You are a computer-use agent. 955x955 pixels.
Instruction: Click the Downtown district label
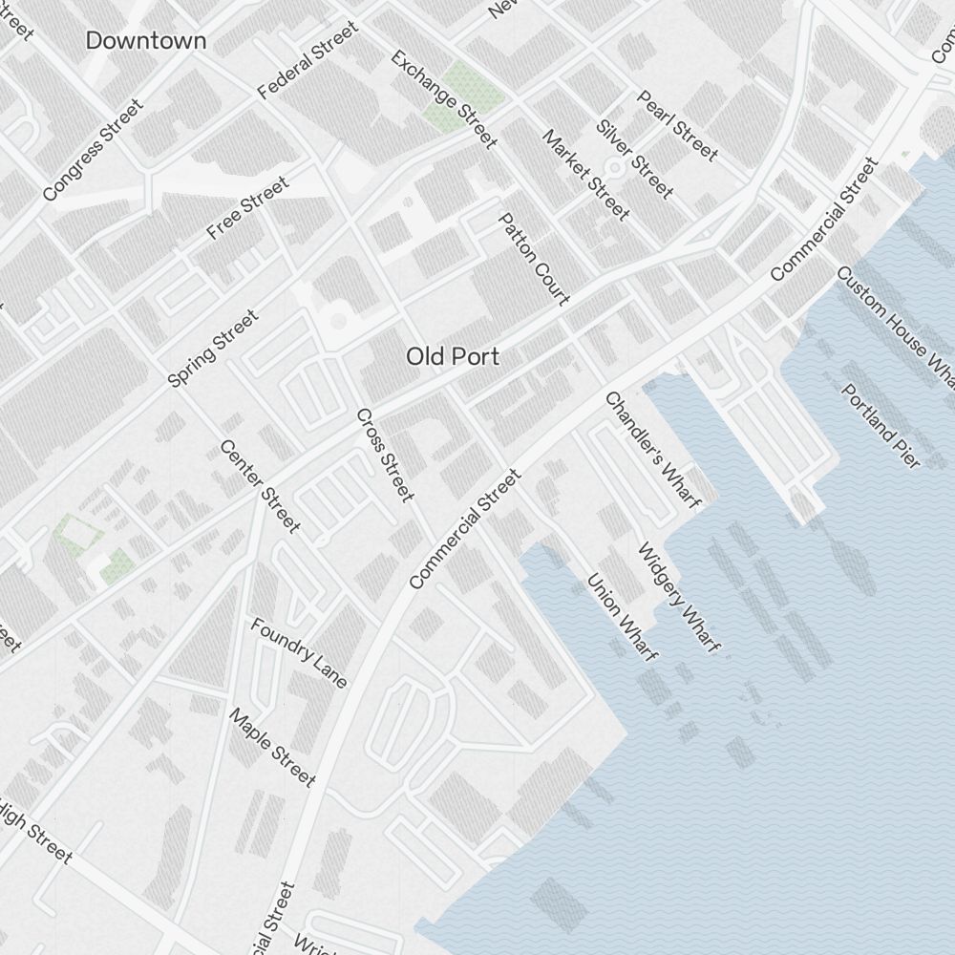pyautogui.click(x=145, y=40)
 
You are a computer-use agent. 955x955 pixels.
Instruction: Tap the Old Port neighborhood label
pyautogui.click(x=453, y=356)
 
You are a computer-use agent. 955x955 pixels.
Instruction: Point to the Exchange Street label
pyautogui.click(x=444, y=99)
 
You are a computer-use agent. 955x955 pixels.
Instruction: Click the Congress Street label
pyautogui.click(x=93, y=151)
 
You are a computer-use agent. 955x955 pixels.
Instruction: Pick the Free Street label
pyautogui.click(x=247, y=208)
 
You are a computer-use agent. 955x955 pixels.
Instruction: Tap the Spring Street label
pyautogui.click(x=212, y=349)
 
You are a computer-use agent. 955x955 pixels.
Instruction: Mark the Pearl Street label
pyautogui.click(x=677, y=125)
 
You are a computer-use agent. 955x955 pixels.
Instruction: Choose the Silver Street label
pyautogui.click(x=635, y=159)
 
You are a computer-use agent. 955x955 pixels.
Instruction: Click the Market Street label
pyautogui.click(x=585, y=175)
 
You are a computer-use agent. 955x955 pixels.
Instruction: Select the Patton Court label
pyautogui.click(x=534, y=259)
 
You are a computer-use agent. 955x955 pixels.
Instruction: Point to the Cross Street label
pyautogui.click(x=385, y=455)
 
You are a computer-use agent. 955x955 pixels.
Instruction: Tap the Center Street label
pyautogui.click(x=260, y=486)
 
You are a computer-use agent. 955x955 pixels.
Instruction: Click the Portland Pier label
pyautogui.click(x=881, y=426)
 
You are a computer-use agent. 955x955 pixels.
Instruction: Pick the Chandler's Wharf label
pyautogui.click(x=647, y=449)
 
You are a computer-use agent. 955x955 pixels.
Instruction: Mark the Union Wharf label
pyautogui.click(x=622, y=617)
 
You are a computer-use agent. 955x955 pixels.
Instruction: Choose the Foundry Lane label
pyautogui.click(x=299, y=653)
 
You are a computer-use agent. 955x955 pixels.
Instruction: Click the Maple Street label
pyautogui.click(x=272, y=748)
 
